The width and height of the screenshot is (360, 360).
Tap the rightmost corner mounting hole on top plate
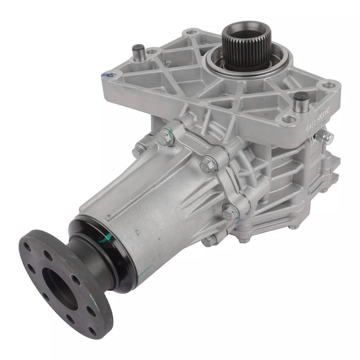pos(330,85)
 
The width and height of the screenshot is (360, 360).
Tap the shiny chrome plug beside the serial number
pos(326,137)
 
